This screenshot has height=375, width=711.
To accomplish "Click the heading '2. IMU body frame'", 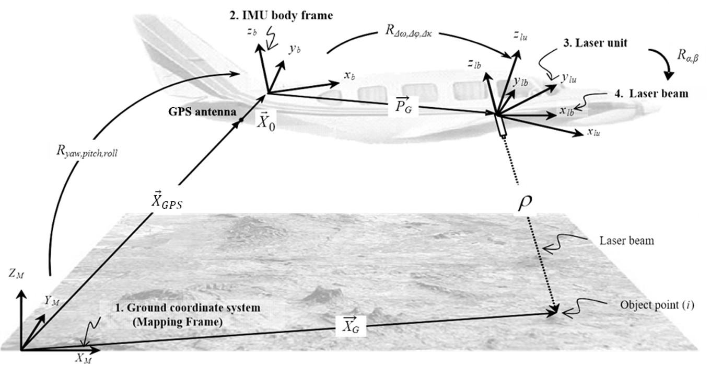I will [281, 16].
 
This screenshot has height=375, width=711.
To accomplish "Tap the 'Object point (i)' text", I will [657, 305].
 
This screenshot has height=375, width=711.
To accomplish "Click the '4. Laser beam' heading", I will [651, 94].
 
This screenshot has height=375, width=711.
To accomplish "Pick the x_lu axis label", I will [593, 133].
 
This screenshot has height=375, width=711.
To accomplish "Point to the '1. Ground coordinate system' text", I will [187, 308].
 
